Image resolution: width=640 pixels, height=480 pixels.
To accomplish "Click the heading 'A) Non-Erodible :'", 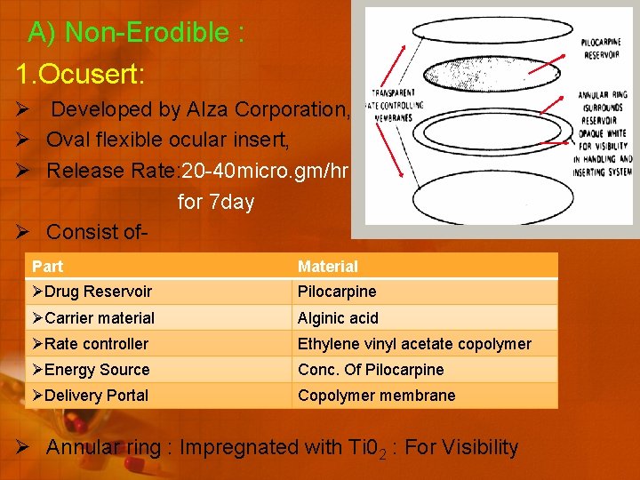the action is point(136,33).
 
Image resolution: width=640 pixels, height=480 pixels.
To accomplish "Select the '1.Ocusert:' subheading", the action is point(77,73).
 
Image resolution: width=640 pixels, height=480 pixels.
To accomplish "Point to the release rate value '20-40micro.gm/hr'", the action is point(266,171).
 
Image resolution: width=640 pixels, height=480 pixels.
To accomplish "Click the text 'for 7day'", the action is point(216,202).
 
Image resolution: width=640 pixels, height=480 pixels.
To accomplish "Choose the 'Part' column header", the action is point(48,266).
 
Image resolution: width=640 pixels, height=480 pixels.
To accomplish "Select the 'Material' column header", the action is point(328,266).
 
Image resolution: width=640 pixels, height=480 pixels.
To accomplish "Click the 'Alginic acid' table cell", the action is point(338,317).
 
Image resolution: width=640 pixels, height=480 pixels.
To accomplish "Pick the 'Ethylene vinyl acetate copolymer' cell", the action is point(414,343).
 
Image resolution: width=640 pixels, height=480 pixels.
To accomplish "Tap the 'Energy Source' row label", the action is point(97,369).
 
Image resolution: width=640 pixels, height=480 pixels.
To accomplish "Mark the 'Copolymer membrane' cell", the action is point(376,395).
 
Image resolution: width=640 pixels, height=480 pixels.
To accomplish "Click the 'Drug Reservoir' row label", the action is point(98,292).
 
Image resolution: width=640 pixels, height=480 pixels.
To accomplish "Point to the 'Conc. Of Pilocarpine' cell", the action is point(371,369).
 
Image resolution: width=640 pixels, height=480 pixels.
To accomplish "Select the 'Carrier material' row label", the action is point(100,317).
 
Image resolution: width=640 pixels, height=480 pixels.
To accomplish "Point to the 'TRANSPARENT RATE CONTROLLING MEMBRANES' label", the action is point(396,106).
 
